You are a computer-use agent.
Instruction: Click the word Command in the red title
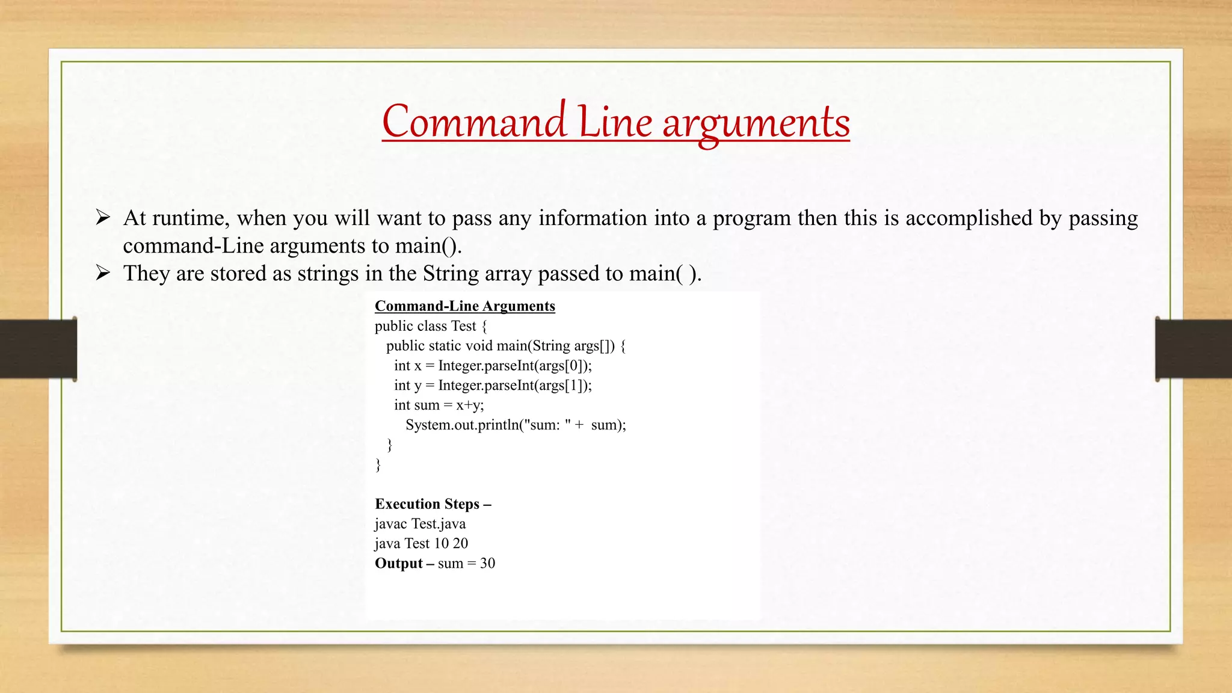click(x=474, y=122)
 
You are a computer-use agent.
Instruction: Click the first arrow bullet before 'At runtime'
click(x=103, y=217)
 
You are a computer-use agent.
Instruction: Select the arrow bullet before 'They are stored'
click(x=103, y=273)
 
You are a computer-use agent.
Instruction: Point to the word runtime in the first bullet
click(x=191, y=218)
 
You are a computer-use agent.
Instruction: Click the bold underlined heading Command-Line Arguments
click(x=464, y=306)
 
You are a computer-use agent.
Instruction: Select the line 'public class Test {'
click(x=431, y=326)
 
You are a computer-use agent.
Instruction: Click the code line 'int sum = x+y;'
click(x=439, y=405)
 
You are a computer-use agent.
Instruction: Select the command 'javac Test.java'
click(x=420, y=524)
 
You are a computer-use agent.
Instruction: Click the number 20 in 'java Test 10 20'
click(x=460, y=544)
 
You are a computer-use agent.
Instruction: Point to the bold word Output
click(x=399, y=564)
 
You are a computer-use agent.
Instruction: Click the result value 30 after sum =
click(x=487, y=564)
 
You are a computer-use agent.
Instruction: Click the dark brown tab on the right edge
click(x=1193, y=349)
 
